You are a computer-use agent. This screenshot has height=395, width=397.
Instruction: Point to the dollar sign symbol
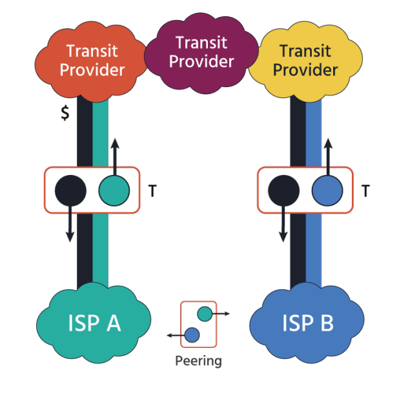point(65,113)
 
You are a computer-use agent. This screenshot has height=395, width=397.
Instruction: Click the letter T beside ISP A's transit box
point(152,190)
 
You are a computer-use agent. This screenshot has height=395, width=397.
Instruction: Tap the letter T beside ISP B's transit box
point(366,190)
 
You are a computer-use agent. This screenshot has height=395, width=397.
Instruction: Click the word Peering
point(198,360)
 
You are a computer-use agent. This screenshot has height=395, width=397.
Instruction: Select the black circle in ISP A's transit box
point(70,190)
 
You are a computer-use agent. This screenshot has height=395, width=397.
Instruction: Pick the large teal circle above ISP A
point(114,190)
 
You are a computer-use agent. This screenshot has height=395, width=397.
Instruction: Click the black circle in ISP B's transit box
point(283,190)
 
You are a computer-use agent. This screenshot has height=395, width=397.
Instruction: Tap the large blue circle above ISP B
point(327,190)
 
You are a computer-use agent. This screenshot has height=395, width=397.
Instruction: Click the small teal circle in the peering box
point(205,314)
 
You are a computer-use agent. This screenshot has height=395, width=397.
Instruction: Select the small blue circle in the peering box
point(192,334)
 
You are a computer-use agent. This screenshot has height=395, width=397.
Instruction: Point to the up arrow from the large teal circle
point(115,155)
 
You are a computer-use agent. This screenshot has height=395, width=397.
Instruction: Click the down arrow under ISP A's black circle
point(70,226)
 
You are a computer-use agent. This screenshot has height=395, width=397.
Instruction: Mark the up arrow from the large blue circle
point(328,155)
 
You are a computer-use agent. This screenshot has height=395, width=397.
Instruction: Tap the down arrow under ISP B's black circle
point(283,226)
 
